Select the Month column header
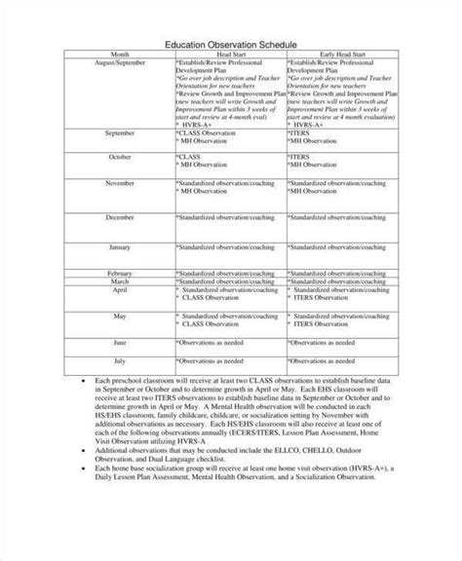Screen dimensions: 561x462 tap(118, 55)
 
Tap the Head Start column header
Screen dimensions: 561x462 tap(231, 55)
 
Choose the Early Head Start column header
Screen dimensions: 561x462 tap(343, 55)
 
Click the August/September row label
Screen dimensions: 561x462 tap(118, 62)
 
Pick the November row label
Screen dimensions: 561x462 tap(118, 181)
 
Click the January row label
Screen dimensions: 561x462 tap(118, 246)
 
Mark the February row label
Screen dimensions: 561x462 tap(118, 273)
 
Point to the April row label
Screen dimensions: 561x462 tap(118, 289)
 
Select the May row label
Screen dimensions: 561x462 tap(118, 316)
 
